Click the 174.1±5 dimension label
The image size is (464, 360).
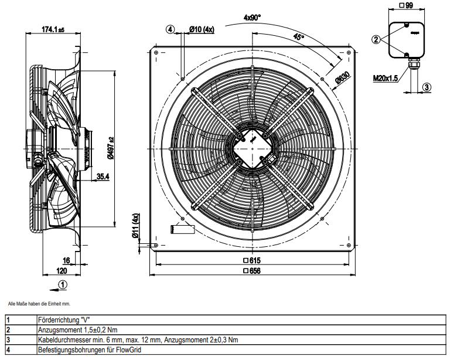pos(53,29)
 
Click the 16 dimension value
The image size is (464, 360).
pos(66,260)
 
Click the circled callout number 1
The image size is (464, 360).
pos(63,284)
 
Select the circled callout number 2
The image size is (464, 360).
pos(376,39)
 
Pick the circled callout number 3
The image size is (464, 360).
pos(427,87)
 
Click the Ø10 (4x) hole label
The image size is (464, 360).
pos(202,29)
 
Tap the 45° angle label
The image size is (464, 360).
pos(299,36)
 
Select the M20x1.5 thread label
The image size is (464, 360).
pos(385,77)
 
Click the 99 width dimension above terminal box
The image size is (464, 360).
pos(407,5)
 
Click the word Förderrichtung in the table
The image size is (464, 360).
pos(54,320)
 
